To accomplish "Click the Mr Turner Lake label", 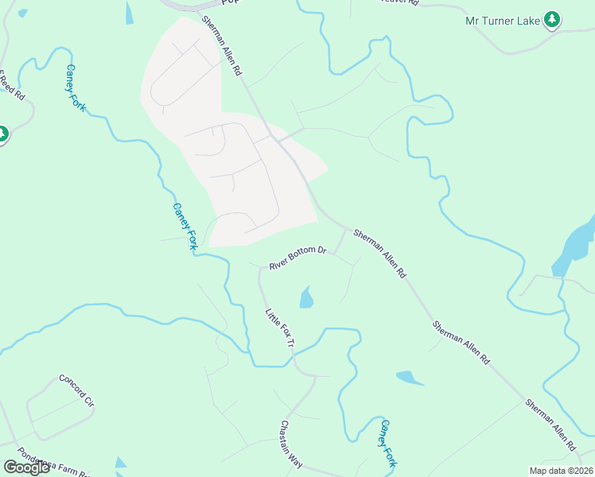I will [502, 20].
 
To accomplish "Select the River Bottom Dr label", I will [297, 258].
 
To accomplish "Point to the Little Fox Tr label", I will [280, 328].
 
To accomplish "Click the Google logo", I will [26, 467].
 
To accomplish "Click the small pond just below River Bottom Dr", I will [306, 298].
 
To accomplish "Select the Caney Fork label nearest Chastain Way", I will [387, 443].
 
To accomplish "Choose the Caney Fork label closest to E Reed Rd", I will [76, 87].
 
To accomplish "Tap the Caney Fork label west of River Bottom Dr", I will [184, 227].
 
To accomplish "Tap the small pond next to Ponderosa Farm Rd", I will [120, 463].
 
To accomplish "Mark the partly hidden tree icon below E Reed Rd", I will [2, 134].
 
